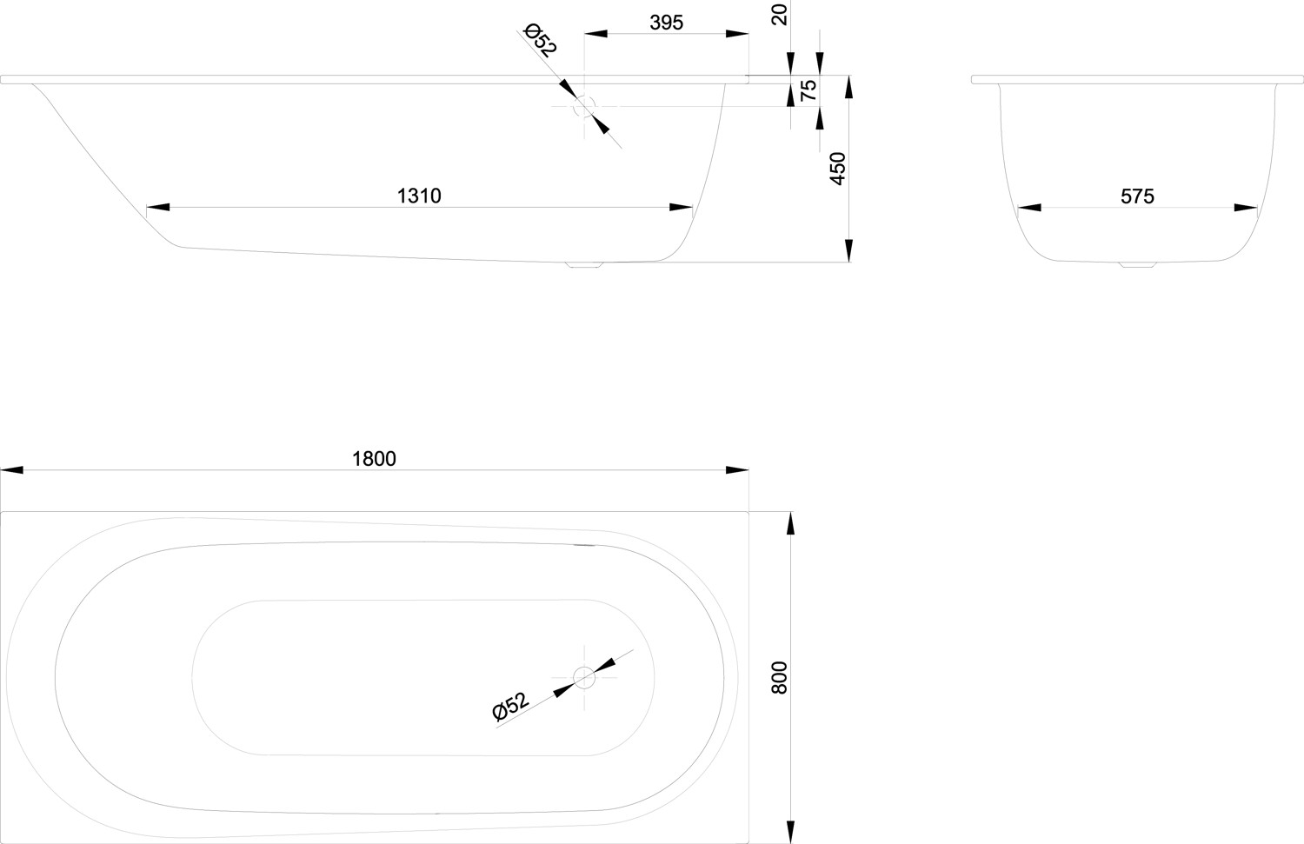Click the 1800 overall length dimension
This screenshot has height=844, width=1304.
coord(374,459)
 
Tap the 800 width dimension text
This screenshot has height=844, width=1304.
coord(779,677)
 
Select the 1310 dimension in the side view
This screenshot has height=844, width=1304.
coord(419,196)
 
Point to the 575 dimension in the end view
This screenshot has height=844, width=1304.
coord(1137,196)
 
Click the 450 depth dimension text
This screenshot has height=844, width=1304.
coord(837,169)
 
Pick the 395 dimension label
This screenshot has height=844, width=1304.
coord(666,23)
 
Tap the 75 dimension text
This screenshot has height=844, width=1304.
coord(808,90)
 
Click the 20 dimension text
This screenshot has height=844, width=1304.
coord(779,15)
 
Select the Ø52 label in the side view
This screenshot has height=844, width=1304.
coord(540,40)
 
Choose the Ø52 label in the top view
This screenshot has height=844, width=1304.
coord(510,706)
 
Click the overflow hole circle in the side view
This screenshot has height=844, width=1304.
coord(584,107)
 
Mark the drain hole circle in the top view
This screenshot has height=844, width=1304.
coord(584,677)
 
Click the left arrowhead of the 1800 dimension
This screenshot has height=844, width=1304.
coord(11,469)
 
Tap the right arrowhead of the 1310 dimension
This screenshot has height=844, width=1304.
coord(681,207)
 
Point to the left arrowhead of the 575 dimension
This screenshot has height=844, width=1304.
coord(1029,207)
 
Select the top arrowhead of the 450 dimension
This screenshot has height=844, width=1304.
coord(848,87)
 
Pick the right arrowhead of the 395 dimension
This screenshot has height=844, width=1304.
coord(737,34)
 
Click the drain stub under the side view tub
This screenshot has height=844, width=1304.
coord(584,264)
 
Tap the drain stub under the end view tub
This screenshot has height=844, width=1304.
coord(1137,264)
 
